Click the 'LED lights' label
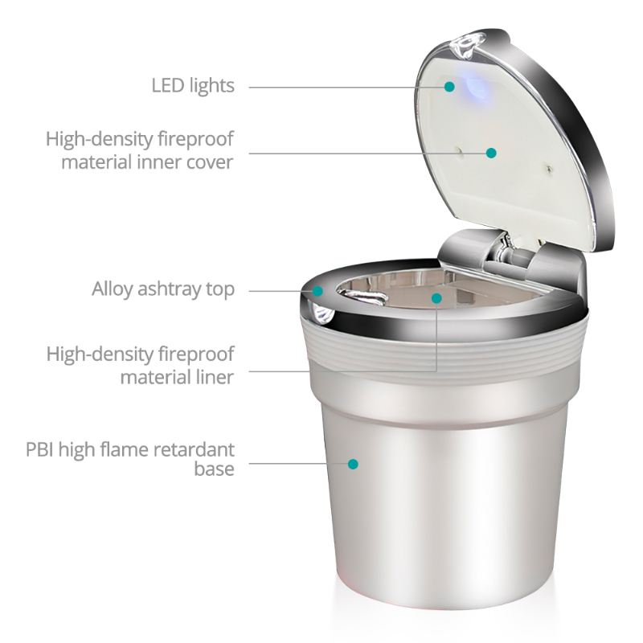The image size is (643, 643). (x=193, y=85)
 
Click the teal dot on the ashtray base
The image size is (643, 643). (x=352, y=463)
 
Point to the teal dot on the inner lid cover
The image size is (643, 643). (x=491, y=152)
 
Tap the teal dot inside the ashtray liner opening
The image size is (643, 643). (x=436, y=298)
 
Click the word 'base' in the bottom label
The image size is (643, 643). (x=214, y=469)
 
